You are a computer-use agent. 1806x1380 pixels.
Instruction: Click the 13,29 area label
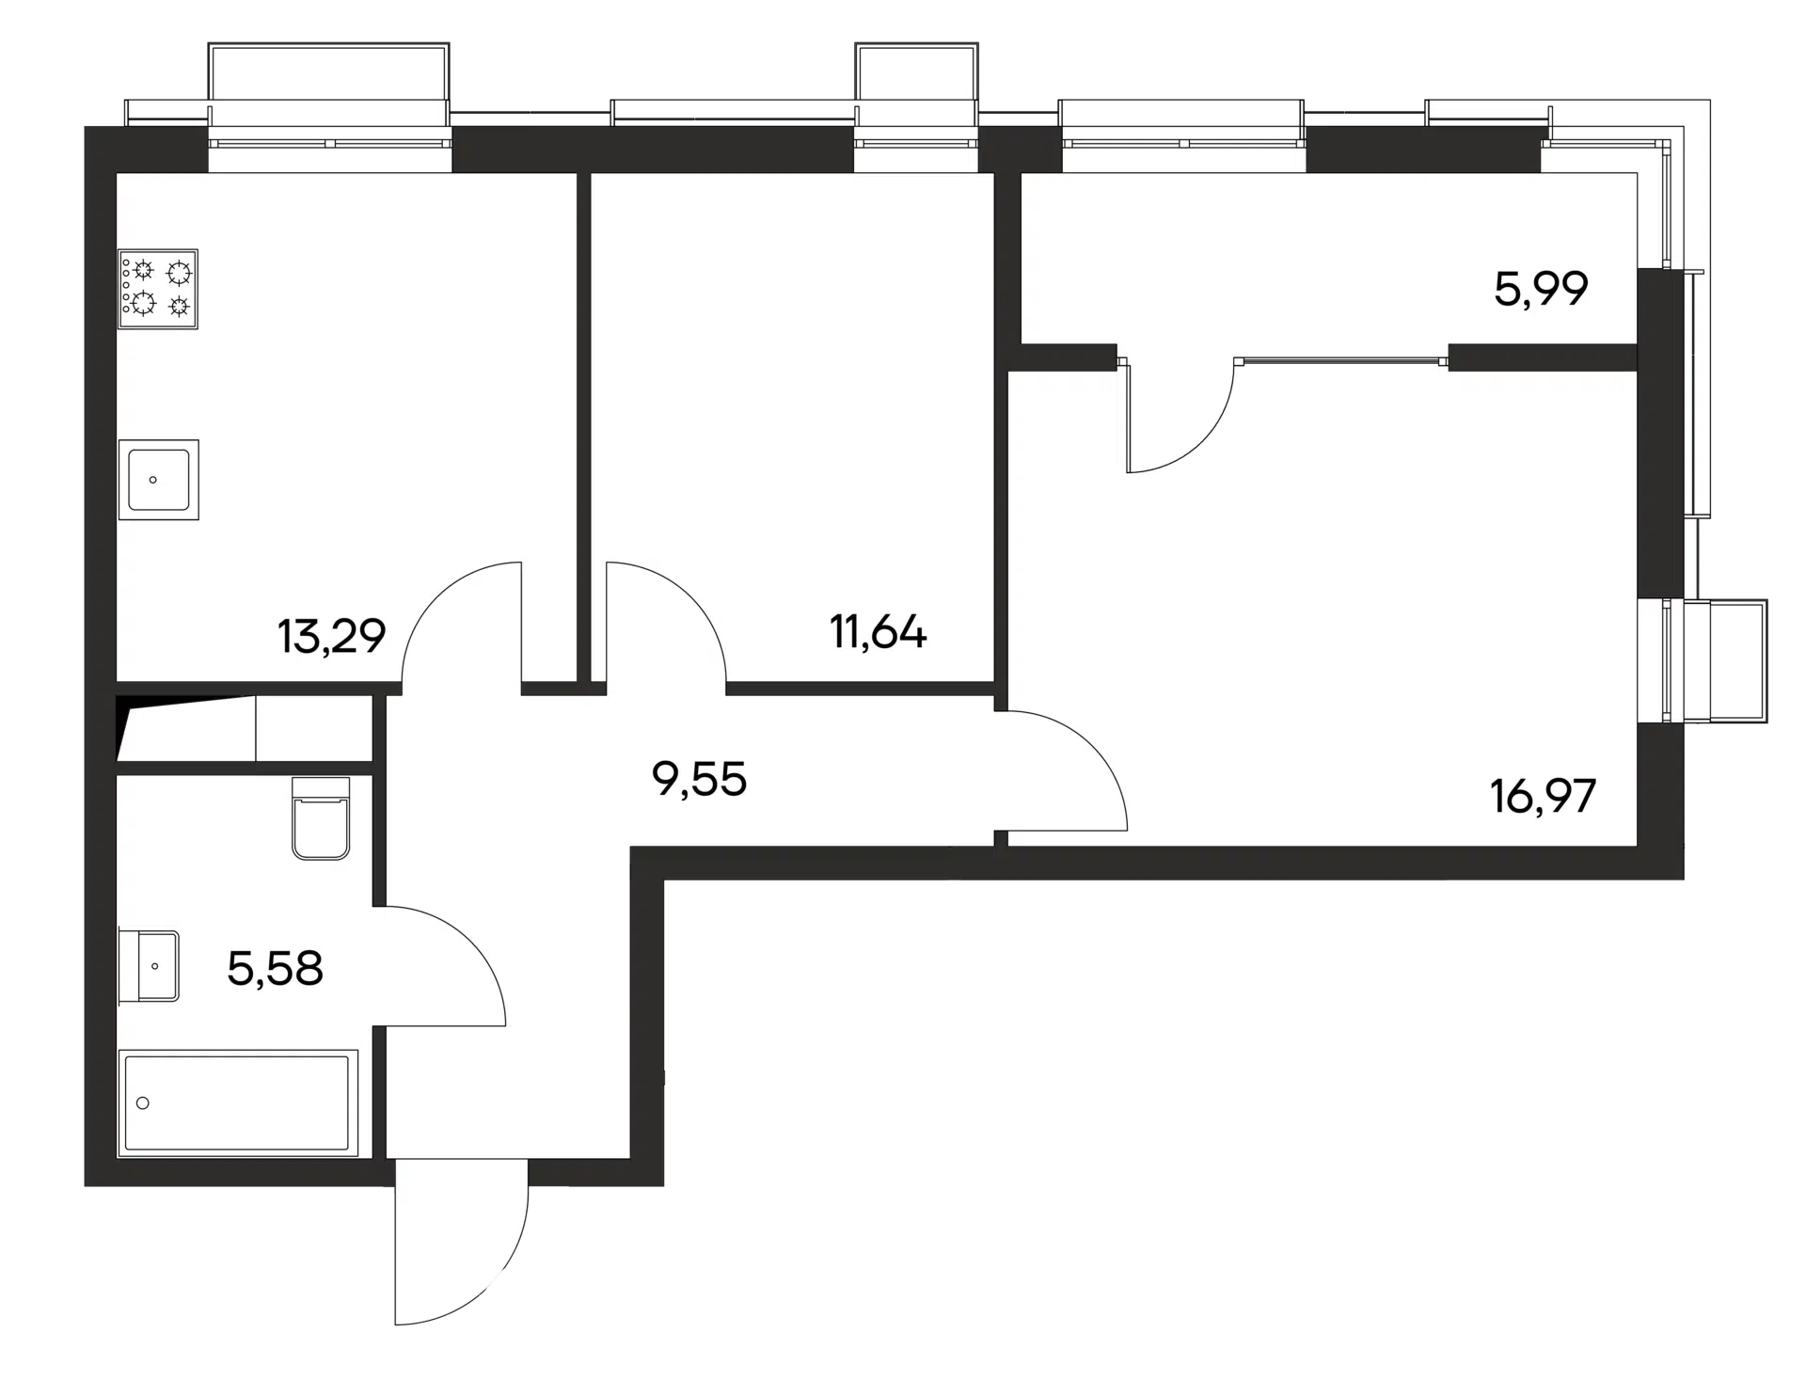[331, 637]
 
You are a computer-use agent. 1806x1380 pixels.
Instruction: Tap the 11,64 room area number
[878, 631]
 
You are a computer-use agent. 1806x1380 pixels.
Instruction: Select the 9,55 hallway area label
[699, 780]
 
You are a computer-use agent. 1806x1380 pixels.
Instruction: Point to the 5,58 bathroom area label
[275, 968]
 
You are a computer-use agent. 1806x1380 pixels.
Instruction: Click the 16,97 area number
[1543, 796]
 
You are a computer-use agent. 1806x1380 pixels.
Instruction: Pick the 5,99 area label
[1541, 289]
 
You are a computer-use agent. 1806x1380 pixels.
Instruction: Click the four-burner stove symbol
[158, 289]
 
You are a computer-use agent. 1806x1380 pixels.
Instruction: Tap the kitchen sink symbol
[158, 480]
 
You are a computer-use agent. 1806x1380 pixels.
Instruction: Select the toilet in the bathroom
[321, 817]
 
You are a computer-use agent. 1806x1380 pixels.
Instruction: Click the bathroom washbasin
[149, 966]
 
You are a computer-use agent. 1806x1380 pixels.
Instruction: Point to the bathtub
[238, 1102]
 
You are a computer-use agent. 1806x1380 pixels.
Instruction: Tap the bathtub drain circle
[143, 1102]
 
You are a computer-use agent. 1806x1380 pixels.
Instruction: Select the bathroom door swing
[470, 941]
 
